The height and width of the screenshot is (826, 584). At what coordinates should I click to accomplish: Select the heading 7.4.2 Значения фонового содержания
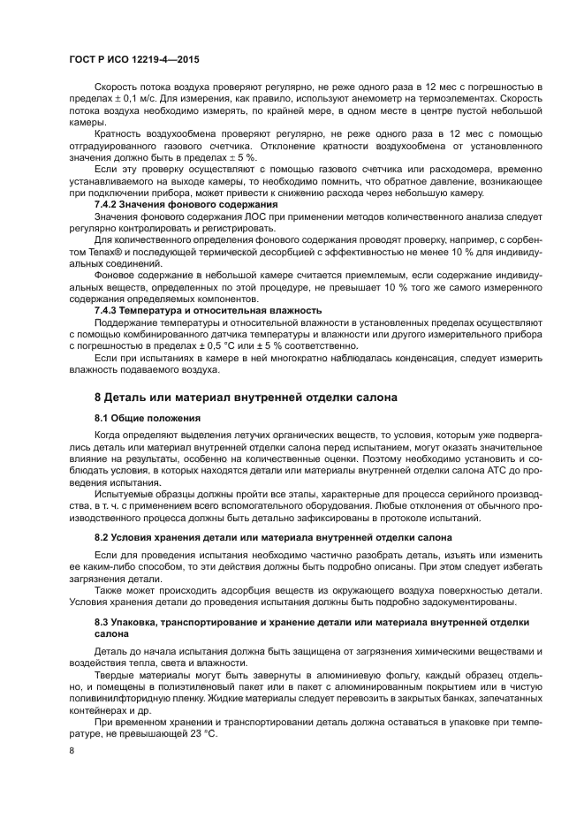click(x=166, y=205)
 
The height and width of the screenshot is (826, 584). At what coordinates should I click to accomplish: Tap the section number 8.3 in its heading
click(x=103, y=623)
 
